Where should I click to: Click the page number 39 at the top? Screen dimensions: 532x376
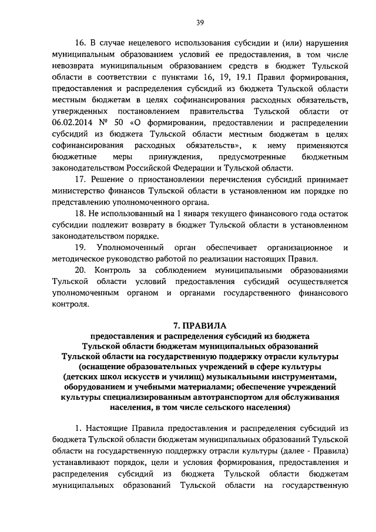200,23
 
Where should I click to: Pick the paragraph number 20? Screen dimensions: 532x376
80,269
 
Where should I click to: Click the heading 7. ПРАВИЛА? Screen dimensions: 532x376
199,324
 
